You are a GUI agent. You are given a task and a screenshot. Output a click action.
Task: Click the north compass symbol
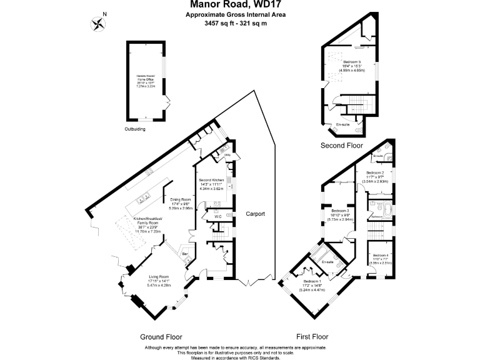tap(98, 23)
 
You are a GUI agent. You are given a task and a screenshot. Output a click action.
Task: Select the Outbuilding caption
tap(134, 129)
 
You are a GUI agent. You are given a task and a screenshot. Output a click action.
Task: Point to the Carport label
tap(255, 214)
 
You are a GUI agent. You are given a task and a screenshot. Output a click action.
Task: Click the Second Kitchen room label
tap(211, 180)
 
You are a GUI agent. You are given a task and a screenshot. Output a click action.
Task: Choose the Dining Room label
tap(181, 199)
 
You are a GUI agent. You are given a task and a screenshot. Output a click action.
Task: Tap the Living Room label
tap(159, 276)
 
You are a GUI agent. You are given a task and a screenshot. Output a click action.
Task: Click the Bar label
tap(185, 254)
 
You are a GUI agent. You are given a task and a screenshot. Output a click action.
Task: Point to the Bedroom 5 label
tap(352, 62)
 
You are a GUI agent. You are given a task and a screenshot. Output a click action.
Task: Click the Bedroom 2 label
tap(375, 172)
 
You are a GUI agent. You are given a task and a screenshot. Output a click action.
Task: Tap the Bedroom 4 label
tap(380, 256)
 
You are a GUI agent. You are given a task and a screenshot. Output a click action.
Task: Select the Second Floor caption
tap(341, 146)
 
